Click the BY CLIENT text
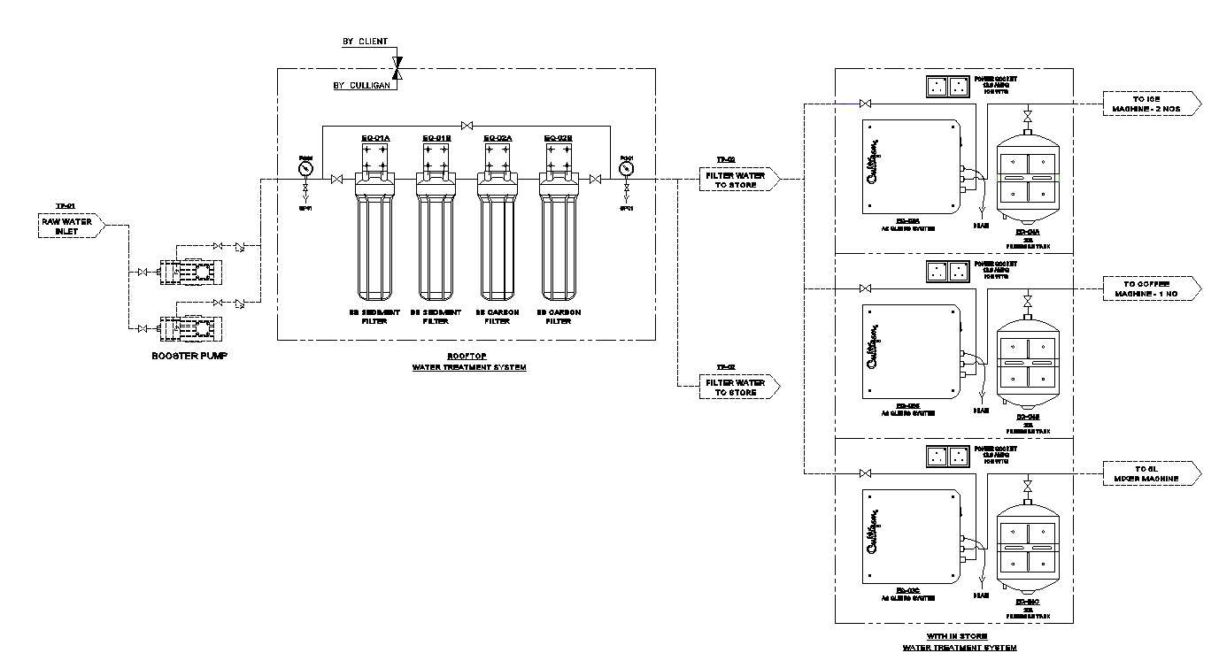point(365,42)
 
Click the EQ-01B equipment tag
point(436,138)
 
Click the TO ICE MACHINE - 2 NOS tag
point(1152,104)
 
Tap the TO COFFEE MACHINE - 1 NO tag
point(1152,288)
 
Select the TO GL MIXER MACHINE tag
point(1152,473)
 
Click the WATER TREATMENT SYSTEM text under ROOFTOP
point(469,366)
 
